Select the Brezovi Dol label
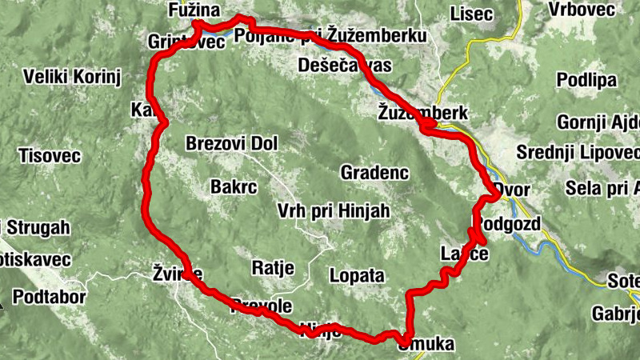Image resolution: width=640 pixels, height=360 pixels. click(230, 144)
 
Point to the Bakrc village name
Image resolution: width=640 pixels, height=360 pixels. click(234, 186)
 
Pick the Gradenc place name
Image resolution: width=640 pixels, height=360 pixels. click(374, 172)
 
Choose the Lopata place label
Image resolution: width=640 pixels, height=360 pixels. click(357, 275)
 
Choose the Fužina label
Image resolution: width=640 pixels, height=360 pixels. click(190, 10)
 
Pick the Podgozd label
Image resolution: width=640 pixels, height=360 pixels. click(509, 222)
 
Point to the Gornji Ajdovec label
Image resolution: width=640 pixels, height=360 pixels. click(599, 124)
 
